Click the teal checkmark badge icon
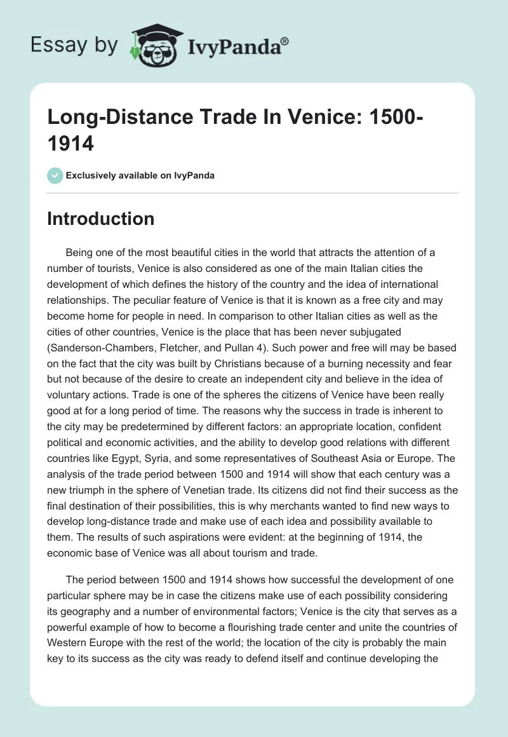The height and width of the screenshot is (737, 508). point(55,175)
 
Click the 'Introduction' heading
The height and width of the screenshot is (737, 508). point(101,219)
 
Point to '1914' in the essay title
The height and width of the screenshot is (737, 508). point(70,144)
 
